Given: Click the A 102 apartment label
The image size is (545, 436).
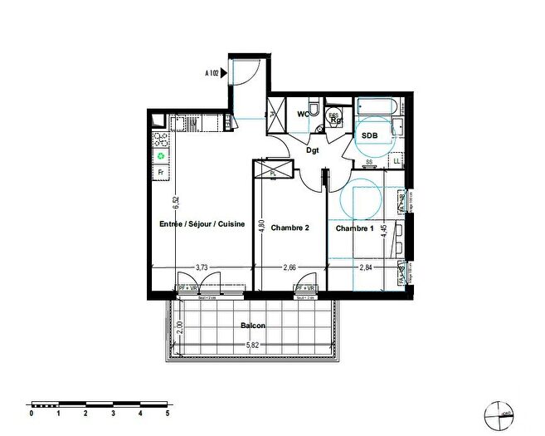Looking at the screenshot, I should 212,73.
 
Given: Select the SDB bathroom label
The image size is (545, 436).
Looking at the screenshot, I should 369,135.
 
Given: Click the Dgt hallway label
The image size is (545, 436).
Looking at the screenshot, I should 313,150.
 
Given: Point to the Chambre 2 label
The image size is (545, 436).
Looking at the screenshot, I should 290,228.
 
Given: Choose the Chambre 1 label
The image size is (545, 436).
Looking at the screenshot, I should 354,228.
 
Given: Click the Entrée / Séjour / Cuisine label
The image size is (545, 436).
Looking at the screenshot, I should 202,224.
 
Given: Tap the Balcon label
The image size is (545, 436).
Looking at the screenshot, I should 254,326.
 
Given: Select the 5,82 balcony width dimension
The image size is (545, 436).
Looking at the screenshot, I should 253,345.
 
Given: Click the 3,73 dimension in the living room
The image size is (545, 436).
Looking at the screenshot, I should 202,267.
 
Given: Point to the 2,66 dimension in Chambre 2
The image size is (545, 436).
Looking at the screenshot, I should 290,267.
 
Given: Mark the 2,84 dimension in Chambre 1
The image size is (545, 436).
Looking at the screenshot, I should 366,267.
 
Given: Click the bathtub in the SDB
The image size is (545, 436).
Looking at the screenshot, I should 378,107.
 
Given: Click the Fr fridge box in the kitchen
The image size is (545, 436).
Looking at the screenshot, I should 160,173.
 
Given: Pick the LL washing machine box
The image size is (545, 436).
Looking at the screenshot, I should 397,160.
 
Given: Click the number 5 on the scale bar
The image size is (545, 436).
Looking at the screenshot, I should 168,413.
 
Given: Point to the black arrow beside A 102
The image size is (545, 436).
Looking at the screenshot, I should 225,73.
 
